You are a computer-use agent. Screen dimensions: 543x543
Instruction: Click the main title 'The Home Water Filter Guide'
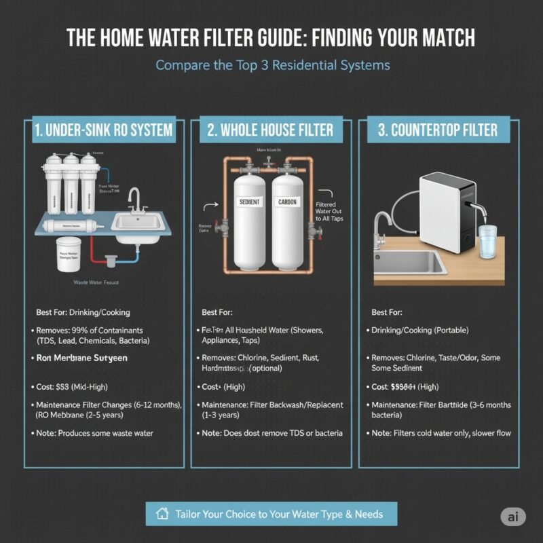click(271, 37)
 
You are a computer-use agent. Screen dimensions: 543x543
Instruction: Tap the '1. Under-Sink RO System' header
click(102, 130)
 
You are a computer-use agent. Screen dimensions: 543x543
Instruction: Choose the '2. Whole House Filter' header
click(271, 130)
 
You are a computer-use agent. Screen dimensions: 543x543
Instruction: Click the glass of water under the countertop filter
click(488, 243)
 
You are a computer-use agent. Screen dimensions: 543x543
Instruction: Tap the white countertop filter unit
click(445, 210)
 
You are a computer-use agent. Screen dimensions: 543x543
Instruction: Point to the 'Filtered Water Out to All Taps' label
click(330, 217)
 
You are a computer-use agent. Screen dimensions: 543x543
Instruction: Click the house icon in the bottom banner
click(162, 514)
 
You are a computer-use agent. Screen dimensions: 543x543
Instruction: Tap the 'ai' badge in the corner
click(513, 516)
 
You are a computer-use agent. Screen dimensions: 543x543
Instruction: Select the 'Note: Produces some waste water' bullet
click(95, 433)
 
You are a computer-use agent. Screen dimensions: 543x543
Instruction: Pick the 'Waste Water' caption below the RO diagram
click(94, 281)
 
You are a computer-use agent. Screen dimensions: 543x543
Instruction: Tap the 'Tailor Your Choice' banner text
click(278, 514)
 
